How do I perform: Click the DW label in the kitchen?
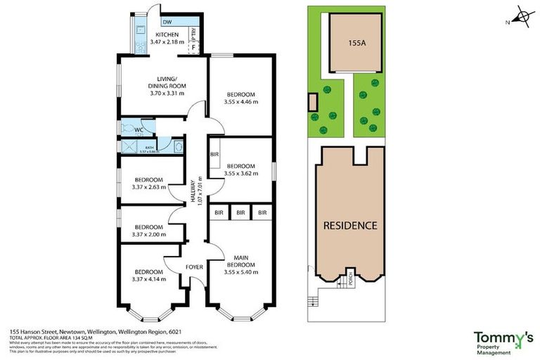click(167, 22)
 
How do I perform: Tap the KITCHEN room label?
click(167, 34)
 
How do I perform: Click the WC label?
click(139, 129)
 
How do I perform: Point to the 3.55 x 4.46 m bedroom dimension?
click(241, 102)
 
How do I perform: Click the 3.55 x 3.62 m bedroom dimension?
click(241, 174)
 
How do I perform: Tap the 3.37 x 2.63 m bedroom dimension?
click(148, 187)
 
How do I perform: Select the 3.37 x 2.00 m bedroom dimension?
click(148, 235)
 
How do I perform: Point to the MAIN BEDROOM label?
click(241, 264)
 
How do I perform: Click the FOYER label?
click(194, 267)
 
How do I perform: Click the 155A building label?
click(357, 42)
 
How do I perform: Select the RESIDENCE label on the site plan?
click(350, 226)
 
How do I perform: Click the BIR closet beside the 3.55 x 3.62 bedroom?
click(214, 154)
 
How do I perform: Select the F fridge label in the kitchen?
click(194, 47)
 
